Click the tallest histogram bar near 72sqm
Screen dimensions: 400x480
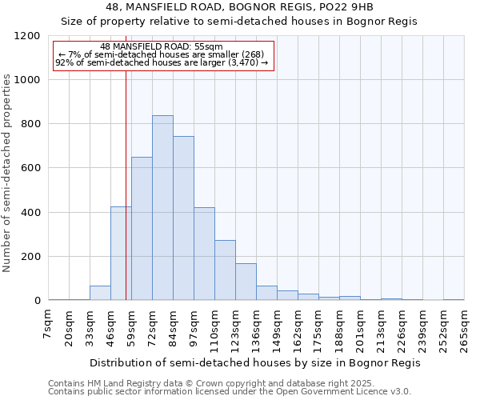162,208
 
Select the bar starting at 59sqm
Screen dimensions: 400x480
142,229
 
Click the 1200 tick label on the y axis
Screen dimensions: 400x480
27,36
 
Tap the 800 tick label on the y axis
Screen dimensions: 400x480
30,124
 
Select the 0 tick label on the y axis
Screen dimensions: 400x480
37,301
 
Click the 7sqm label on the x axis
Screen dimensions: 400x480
48,327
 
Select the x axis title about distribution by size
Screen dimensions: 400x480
254,362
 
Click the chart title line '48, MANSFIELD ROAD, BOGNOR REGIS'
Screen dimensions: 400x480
238,7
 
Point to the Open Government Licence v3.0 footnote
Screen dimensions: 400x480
230,391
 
